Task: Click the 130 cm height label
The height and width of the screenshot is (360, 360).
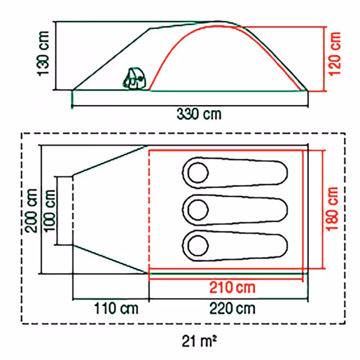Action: [x=44, y=53]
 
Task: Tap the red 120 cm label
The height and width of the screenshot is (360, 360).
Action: [x=335, y=54]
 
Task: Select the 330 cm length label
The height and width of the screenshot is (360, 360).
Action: [x=199, y=114]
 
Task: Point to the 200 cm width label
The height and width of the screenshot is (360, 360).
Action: [x=31, y=211]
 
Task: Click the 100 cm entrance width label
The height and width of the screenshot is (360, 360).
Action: [x=49, y=211]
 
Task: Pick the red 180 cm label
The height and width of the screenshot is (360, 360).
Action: [x=332, y=209]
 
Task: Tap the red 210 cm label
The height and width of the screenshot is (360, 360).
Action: [x=232, y=287]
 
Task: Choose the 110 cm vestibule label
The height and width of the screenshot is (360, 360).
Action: [x=116, y=308]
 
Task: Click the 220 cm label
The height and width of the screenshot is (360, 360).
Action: [x=232, y=308]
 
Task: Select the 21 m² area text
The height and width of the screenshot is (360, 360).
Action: [x=199, y=341]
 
